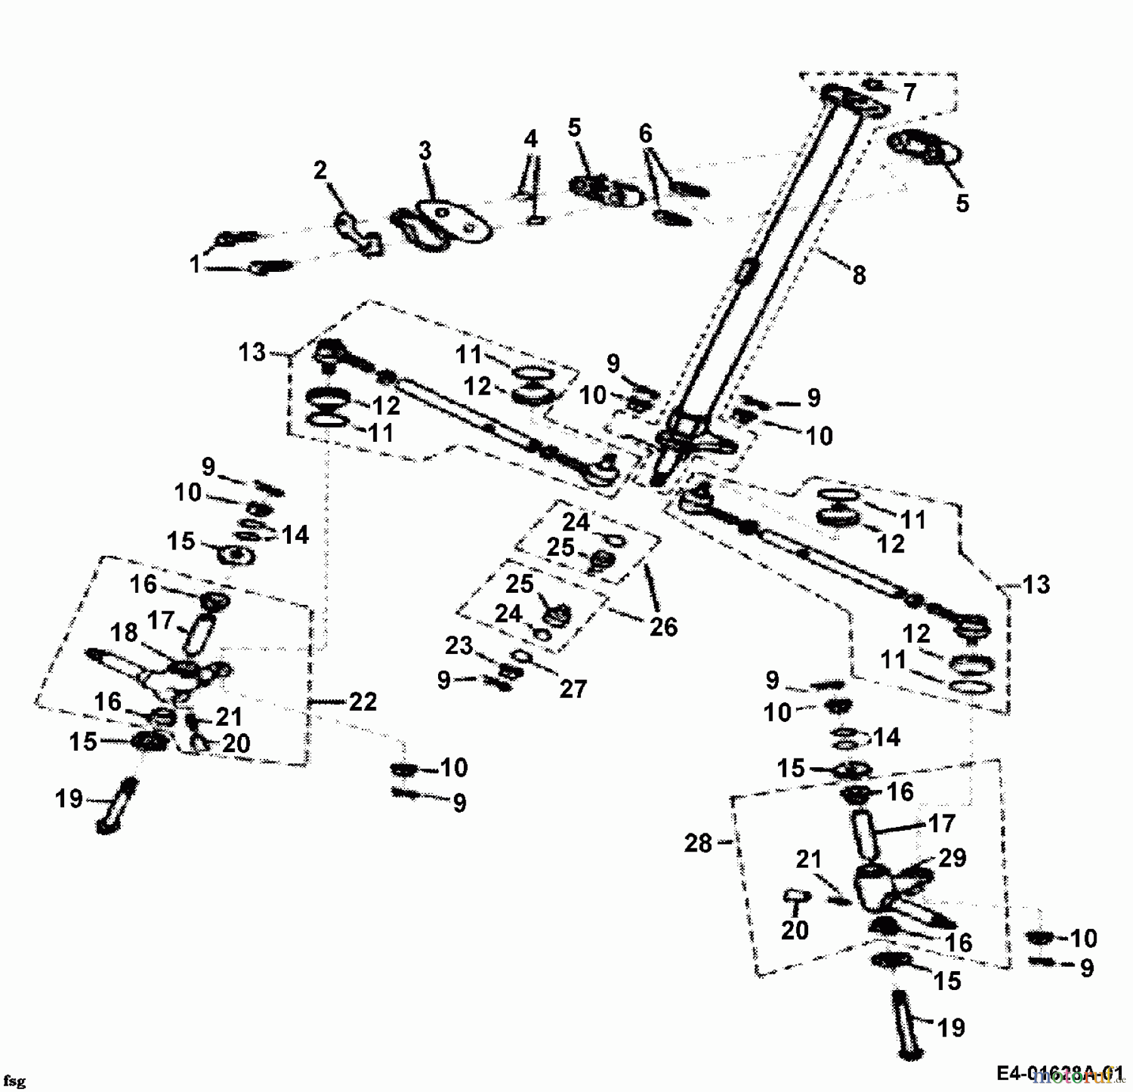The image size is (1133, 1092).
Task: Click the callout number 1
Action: point(194,264)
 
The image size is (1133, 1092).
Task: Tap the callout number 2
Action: point(320,171)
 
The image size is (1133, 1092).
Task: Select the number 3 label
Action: point(426,151)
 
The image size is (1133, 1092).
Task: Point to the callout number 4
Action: point(531,139)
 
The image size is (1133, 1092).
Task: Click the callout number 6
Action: point(645,134)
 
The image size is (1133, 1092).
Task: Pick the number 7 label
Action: point(909,93)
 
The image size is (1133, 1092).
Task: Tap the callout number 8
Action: point(859,275)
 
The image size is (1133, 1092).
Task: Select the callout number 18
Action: point(123,633)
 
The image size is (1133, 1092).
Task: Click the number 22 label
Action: point(363,702)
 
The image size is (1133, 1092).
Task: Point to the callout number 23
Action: point(458,646)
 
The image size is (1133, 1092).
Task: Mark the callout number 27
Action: point(572,689)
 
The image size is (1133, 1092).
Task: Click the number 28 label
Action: point(698,843)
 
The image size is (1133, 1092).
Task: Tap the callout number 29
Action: point(952,858)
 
